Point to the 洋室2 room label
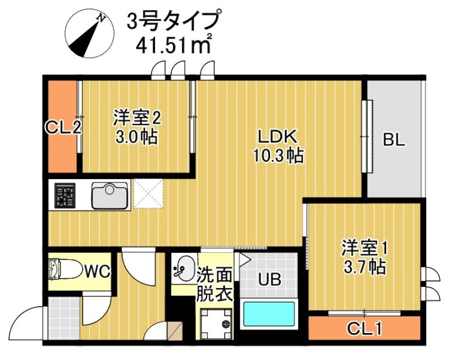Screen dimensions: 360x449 tap(137, 118)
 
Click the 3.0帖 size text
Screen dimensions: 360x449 tap(137, 136)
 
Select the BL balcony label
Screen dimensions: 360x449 tap(393, 140)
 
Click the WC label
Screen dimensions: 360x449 tap(97, 272)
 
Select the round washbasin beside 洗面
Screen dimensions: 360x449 tap(184, 268)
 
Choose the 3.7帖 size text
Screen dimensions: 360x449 tap(365, 266)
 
